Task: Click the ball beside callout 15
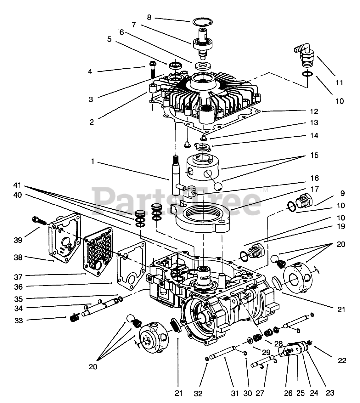[217, 186]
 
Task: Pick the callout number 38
[18, 257]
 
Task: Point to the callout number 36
[18, 287]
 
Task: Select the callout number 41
[18, 184]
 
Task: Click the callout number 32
[198, 393]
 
